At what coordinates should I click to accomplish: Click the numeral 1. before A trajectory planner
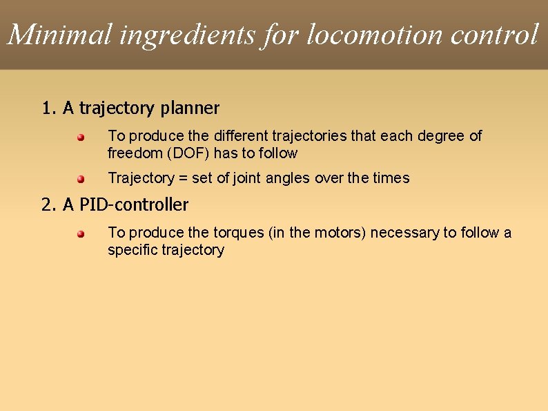tap(49, 108)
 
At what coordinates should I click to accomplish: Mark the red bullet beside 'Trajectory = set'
tap(80, 179)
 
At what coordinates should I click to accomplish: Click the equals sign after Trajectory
tap(183, 178)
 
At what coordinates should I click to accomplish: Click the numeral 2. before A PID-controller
tap(49, 205)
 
